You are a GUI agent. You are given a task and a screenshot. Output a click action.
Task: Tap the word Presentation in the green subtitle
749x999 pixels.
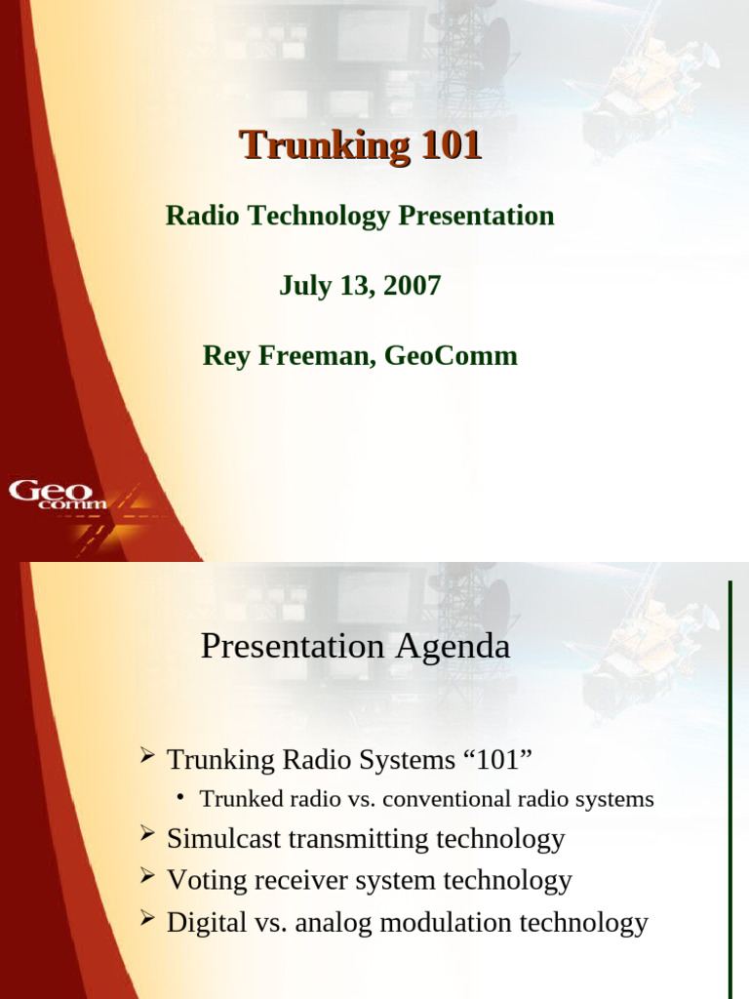point(476,216)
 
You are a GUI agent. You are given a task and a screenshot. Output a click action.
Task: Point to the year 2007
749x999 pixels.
point(413,286)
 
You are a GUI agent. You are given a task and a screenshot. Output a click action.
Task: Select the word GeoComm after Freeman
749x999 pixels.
point(451,355)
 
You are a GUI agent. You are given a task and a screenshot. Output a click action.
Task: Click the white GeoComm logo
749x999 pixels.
point(58,495)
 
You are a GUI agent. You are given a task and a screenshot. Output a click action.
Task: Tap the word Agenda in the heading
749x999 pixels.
point(453,648)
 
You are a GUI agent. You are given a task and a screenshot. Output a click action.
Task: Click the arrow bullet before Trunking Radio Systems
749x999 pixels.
point(147,756)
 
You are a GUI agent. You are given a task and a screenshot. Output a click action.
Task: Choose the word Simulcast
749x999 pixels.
point(223,838)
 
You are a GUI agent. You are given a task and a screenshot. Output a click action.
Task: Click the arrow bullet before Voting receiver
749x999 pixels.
point(147,877)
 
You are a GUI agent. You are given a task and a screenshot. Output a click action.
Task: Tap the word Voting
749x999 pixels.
point(207,881)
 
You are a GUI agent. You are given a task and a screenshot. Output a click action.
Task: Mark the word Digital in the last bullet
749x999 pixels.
point(207,923)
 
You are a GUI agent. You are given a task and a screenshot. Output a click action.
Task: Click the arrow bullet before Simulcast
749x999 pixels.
point(147,834)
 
